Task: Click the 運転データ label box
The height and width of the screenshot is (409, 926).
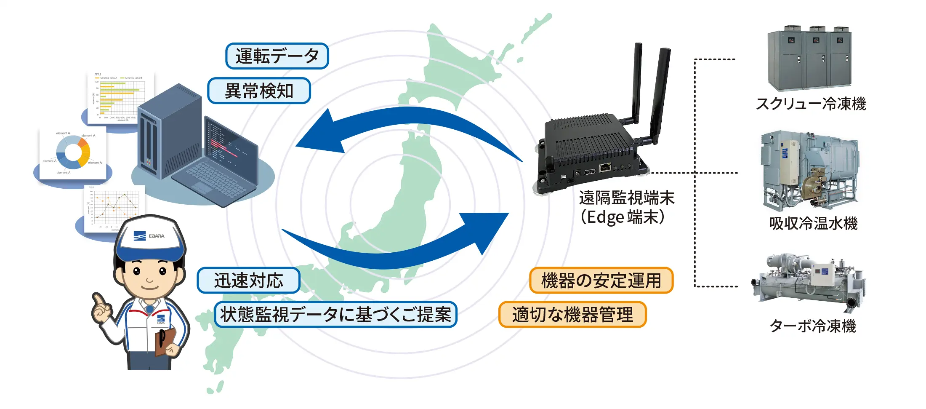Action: pos(277,56)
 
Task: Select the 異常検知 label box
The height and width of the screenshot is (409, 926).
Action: pos(259,91)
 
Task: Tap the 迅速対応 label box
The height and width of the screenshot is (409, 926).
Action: pos(248,281)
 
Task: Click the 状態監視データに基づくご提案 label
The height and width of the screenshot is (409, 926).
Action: pos(335,315)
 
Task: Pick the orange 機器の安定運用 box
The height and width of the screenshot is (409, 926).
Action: pos(601,281)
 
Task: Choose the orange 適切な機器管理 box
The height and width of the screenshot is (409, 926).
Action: pos(572,315)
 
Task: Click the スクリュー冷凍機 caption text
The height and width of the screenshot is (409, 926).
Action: pos(811,104)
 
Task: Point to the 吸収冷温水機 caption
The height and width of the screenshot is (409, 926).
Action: pos(813,223)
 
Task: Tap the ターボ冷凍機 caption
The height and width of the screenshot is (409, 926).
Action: pos(812,326)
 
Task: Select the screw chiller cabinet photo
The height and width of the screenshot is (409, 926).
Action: pos(809,59)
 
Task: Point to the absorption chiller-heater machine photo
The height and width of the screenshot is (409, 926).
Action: pos(809,171)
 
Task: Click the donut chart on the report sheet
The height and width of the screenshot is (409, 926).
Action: pos(73,152)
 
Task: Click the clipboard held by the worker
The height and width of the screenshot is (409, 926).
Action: pos(165,341)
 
